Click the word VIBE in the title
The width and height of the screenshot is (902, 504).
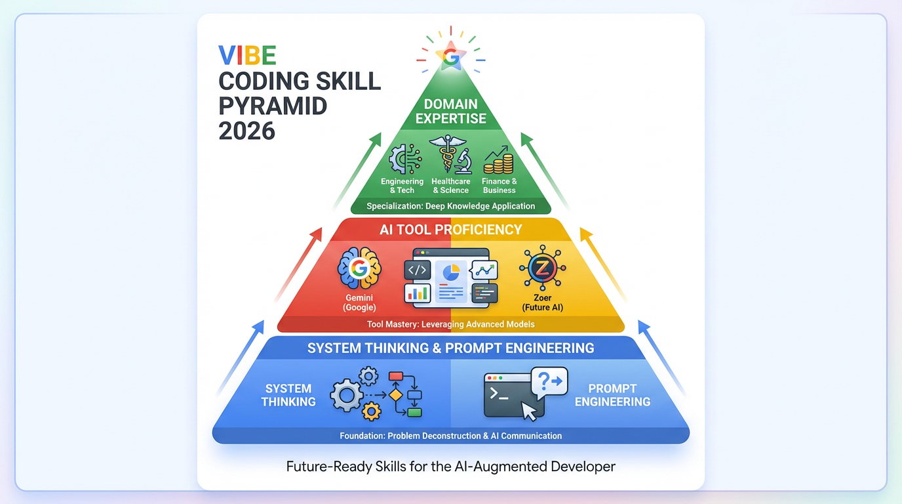pyautogui.click(x=247, y=56)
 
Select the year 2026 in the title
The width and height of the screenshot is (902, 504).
pyautogui.click(x=246, y=131)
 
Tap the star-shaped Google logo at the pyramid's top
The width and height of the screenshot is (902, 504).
pyautogui.click(x=451, y=56)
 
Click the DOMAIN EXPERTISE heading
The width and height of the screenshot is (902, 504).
pyautogui.click(x=451, y=112)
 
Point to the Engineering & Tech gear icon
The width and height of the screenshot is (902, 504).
pyautogui.click(x=401, y=159)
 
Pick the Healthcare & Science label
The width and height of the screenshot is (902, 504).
pyautogui.click(x=451, y=186)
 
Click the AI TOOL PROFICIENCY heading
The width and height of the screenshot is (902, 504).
pyautogui.click(x=451, y=230)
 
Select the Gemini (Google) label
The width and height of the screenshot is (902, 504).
pyautogui.click(x=359, y=303)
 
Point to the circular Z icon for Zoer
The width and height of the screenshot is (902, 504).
pyautogui.click(x=542, y=268)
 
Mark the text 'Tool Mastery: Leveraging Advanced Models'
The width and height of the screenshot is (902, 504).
pyautogui.click(x=451, y=324)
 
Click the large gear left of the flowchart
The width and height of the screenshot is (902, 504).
pyautogui.click(x=346, y=396)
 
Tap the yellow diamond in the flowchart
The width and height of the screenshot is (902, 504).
pyautogui.click(x=395, y=396)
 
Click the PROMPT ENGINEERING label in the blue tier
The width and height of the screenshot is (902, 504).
pyautogui.click(x=612, y=395)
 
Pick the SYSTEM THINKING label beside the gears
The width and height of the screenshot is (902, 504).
pyautogui.click(x=288, y=395)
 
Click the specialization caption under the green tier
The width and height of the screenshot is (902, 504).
pyautogui.click(x=451, y=206)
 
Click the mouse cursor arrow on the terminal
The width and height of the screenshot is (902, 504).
pyautogui.click(x=528, y=411)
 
